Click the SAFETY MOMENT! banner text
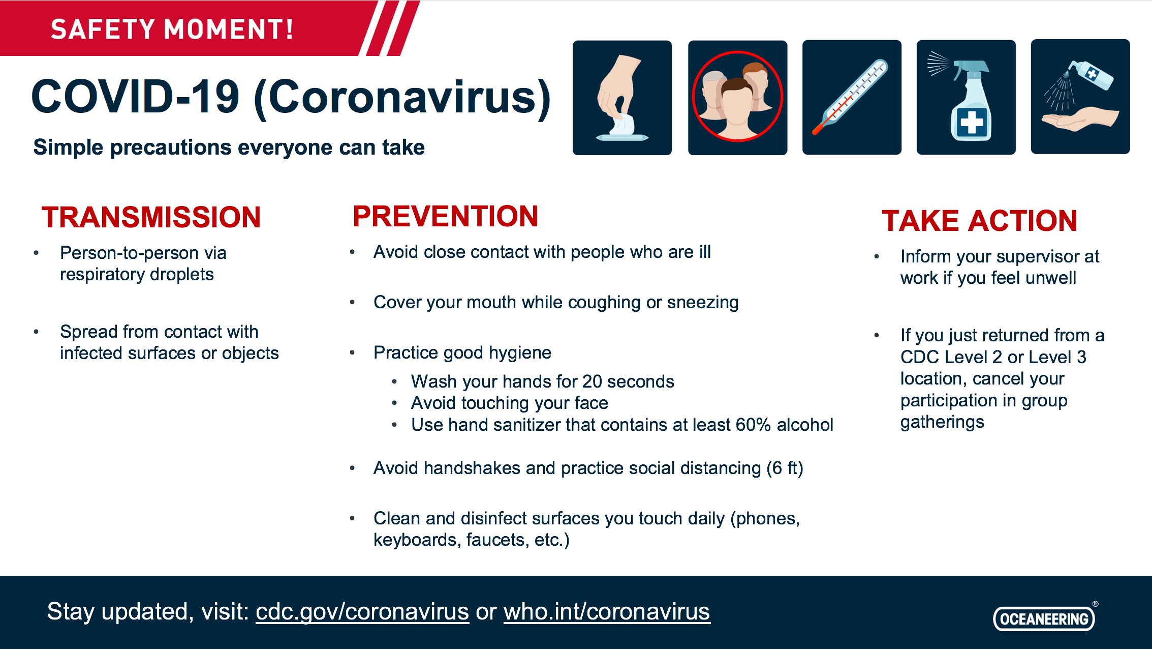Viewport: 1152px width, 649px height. tap(172, 29)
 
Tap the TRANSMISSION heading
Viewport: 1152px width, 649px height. tap(151, 217)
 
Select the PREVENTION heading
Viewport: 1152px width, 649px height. tap(446, 216)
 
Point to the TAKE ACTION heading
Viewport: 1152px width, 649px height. tap(980, 221)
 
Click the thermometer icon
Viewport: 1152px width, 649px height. tap(852, 97)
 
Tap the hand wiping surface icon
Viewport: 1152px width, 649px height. tap(622, 98)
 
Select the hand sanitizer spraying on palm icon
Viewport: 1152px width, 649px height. tap(1080, 97)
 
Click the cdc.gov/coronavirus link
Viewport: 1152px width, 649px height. tap(362, 611)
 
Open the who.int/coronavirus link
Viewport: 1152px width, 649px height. tap(607, 611)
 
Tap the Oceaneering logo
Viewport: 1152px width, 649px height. tap(1045, 617)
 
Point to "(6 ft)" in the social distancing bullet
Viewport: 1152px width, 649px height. tap(785, 468)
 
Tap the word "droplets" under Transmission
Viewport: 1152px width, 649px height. tap(181, 275)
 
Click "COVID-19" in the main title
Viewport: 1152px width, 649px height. tap(135, 97)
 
